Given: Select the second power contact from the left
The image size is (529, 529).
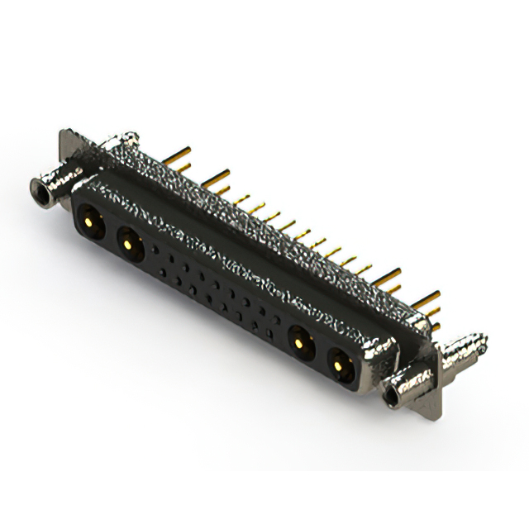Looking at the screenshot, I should [x=128, y=241].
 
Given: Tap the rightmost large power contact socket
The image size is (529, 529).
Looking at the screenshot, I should [x=339, y=361].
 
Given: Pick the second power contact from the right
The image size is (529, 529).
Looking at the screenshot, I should [x=298, y=339].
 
